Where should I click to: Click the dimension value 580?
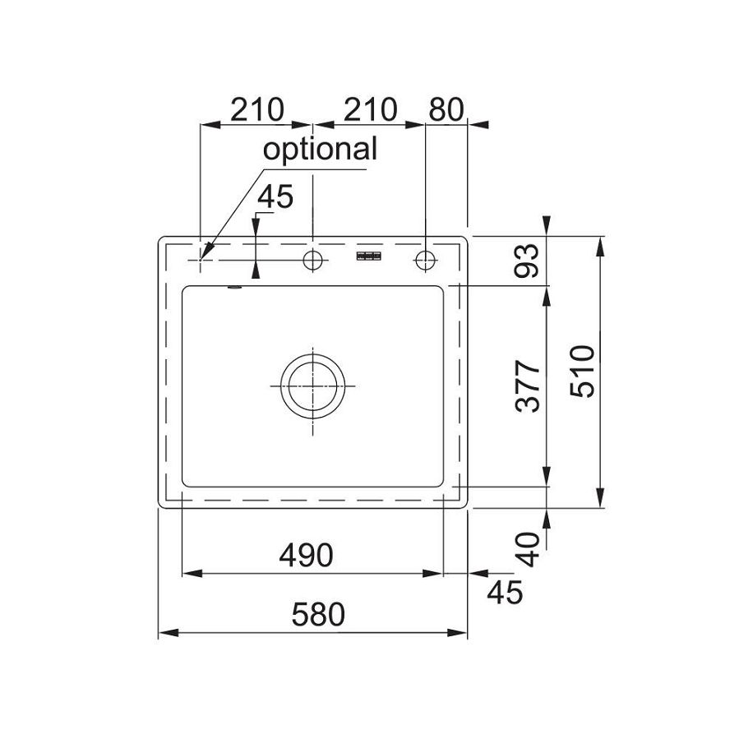(x=319, y=615)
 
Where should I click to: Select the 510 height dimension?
(x=583, y=372)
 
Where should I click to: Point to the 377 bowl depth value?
(x=528, y=386)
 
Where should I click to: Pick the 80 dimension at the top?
(x=446, y=109)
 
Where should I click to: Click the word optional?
(x=320, y=150)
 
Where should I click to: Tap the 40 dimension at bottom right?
(x=528, y=549)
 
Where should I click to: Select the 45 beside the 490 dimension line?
(x=505, y=593)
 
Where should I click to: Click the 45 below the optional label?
(x=275, y=196)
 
